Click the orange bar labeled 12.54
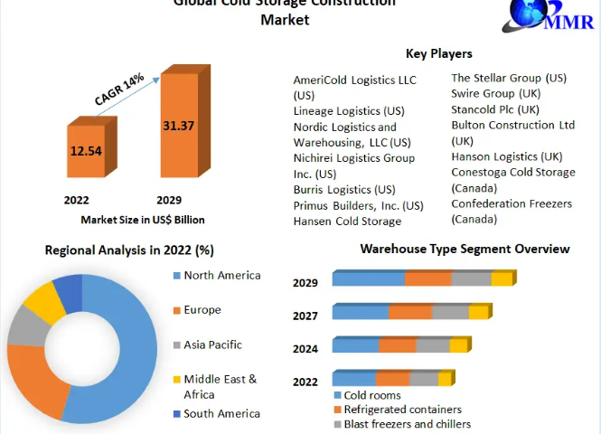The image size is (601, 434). point(86,150)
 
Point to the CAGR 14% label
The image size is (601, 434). point(119,90)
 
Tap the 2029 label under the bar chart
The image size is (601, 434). point(169,200)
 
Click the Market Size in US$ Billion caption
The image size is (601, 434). point(143,220)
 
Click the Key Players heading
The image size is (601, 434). point(439,54)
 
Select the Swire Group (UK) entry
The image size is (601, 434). point(496,93)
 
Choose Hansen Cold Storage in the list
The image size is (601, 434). point(347,222)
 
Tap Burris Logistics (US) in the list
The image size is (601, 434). point(344,190)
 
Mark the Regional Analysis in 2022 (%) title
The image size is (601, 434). point(129,250)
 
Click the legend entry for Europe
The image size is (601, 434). point(202,310)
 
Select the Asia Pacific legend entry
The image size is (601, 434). point(212,344)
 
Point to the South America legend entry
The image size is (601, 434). point(221,414)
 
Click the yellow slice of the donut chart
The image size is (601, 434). point(39,301)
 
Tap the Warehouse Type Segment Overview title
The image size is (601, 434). point(465,249)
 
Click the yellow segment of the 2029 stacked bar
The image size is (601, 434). point(502,279)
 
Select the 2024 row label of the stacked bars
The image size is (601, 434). point(305,347)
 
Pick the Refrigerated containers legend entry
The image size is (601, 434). point(403,410)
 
